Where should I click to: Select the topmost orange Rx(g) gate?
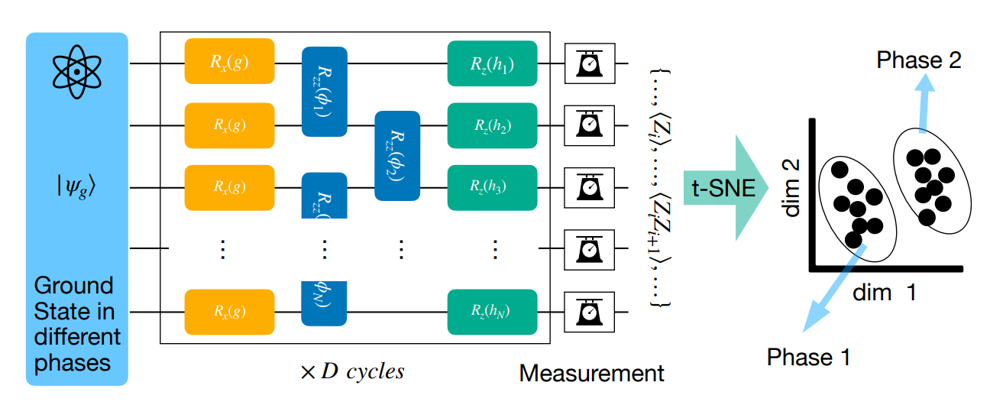[229, 61]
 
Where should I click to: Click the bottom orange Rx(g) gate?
[229, 312]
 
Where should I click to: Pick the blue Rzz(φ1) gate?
[325, 92]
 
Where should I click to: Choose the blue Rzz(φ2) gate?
[397, 155]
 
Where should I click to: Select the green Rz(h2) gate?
[492, 125]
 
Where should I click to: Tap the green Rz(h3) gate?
[492, 186]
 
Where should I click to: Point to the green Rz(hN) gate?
[492, 312]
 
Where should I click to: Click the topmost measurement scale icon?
[589, 63]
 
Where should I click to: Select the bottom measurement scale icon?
[589, 312]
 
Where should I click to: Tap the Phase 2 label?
[919, 60]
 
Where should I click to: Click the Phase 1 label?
[808, 357]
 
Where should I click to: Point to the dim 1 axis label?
[885, 292]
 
